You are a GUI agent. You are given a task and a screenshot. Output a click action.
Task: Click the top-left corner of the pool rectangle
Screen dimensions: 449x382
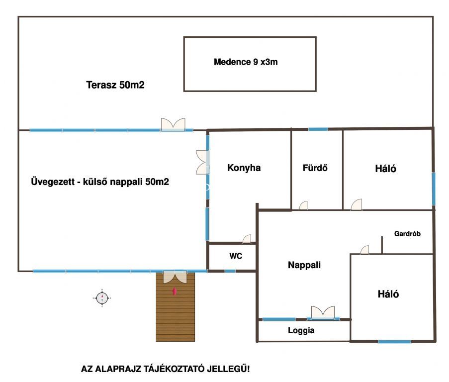pyautogui.click(x=184, y=37)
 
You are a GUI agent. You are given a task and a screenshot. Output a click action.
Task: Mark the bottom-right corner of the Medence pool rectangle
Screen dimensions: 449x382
pyautogui.click(x=316, y=91)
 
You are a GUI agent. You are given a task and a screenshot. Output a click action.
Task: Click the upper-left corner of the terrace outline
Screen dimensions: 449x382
pyautogui.click(x=18, y=17)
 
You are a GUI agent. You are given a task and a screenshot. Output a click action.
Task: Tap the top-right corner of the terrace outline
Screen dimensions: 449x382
pyautogui.click(x=433, y=17)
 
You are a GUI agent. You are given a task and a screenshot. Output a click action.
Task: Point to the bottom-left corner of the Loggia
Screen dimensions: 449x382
pyautogui.click(x=257, y=341)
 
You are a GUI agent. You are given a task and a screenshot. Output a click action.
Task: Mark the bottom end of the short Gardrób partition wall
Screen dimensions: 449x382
pyautogui.click(x=382, y=254)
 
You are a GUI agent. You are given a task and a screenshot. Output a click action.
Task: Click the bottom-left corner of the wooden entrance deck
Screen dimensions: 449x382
pyautogui.click(x=156, y=341)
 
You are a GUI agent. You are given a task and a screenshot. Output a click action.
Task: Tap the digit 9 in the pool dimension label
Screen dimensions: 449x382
pyautogui.click(x=256, y=62)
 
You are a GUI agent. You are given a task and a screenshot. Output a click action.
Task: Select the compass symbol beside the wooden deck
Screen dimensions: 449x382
pyautogui.click(x=102, y=298)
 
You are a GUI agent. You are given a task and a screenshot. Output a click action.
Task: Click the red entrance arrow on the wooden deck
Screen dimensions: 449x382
pyautogui.click(x=174, y=291)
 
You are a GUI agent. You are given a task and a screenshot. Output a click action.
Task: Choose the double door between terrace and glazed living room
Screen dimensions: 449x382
pyautogui.click(x=173, y=124)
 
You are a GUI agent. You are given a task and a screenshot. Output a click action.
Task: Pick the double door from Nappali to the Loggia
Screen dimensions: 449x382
pyautogui.click(x=323, y=312)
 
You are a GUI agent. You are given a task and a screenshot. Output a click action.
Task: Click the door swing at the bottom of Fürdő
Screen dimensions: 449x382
pyautogui.click(x=303, y=205)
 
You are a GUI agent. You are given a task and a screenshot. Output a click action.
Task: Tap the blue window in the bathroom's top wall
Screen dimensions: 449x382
pyautogui.click(x=318, y=129)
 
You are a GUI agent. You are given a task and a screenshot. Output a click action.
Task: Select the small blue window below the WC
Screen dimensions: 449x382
pyautogui.click(x=230, y=271)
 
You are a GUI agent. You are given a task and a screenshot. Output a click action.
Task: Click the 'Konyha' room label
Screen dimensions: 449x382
pyautogui.click(x=244, y=168)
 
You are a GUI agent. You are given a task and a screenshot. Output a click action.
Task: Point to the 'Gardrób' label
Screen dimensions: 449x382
pyautogui.click(x=407, y=234)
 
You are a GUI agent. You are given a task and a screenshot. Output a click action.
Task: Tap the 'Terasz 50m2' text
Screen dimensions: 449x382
pyautogui.click(x=115, y=85)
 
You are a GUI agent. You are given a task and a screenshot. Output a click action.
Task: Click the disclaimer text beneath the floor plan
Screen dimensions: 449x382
pyautogui.click(x=165, y=369)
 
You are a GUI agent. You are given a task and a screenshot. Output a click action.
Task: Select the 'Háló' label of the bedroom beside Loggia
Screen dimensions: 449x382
pyautogui.click(x=388, y=294)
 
